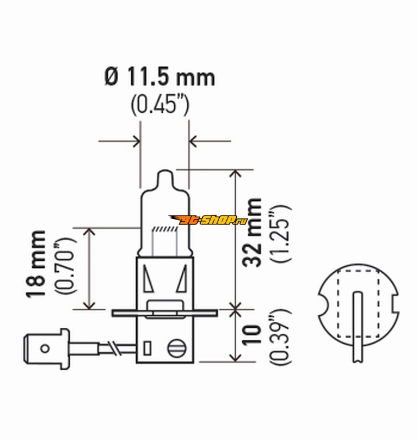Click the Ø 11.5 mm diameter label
(x=160, y=76)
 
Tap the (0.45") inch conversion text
(x=160, y=105)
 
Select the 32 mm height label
(x=252, y=232)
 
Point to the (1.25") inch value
(x=280, y=233)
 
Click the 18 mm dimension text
(x=36, y=264)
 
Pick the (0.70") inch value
(x=65, y=266)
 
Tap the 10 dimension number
(x=252, y=335)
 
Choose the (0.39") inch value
(x=280, y=337)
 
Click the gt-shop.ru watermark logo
(x=208, y=219)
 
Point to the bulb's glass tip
(x=164, y=177)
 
